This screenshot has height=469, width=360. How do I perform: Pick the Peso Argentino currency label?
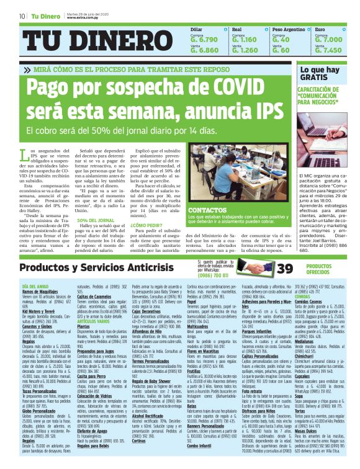point(289,29)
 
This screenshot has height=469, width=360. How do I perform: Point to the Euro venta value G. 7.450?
point(328,50)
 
